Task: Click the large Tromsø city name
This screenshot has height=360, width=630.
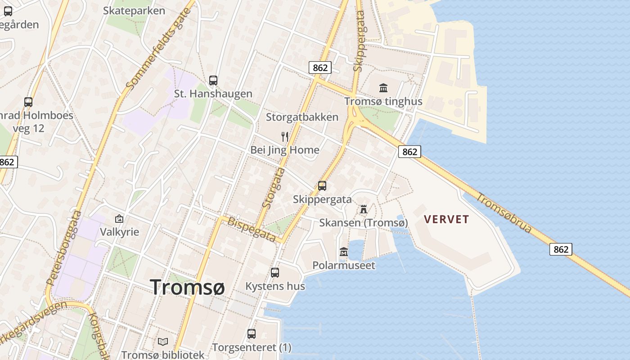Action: click(187, 287)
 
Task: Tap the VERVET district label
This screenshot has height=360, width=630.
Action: click(446, 220)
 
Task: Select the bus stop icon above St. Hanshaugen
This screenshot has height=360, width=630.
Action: click(213, 81)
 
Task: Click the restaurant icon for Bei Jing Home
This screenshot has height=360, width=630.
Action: click(285, 136)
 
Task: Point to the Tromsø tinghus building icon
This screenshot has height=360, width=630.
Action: click(383, 88)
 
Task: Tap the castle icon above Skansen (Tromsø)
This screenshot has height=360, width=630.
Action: click(364, 209)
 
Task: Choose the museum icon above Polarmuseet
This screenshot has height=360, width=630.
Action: click(344, 252)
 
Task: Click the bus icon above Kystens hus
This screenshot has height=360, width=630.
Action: click(275, 273)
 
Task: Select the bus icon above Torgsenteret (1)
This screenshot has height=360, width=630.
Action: click(252, 334)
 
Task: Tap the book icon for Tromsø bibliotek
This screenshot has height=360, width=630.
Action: click(163, 342)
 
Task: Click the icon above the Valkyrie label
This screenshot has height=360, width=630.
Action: click(119, 219)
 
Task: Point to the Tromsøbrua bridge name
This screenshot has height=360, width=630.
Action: click(504, 212)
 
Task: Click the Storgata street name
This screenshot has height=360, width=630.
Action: click(274, 188)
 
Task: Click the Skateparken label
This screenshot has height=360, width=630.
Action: click(134, 10)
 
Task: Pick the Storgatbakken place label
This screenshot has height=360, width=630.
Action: click(302, 117)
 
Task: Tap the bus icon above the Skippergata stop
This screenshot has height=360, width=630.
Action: click(322, 185)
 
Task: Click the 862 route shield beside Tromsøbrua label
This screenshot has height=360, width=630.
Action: click(560, 249)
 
